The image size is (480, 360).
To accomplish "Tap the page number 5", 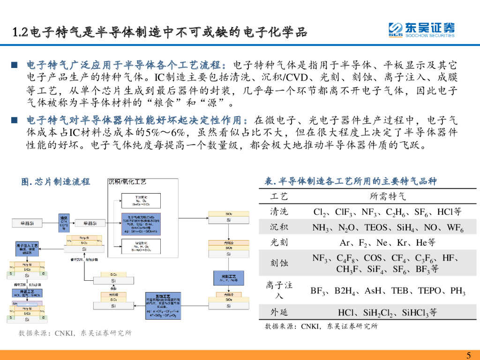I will tap(469, 354).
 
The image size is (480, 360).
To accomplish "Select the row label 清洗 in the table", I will tap(279, 211).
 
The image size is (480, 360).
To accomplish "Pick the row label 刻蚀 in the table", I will tap(279, 263).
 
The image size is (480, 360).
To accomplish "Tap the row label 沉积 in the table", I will tap(279, 227).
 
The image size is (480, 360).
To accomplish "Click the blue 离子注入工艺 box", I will tap(27, 248).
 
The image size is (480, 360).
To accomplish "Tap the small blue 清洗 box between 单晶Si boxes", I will tap(64, 222).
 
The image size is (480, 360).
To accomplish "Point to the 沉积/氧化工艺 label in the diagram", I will tap(127, 181).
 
